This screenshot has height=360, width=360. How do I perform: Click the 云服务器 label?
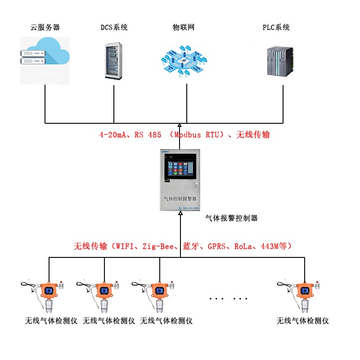[45, 27]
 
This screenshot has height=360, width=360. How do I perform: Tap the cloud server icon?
[45, 60]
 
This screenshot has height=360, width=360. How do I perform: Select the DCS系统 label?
[114, 27]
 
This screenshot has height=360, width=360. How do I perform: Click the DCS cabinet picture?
[113, 60]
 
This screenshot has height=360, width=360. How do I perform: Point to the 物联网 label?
[184, 27]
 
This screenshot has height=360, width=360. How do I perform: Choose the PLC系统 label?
[276, 27]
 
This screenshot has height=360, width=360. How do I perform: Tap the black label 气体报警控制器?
[231, 218]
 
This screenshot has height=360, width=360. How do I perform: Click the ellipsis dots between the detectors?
[229, 298]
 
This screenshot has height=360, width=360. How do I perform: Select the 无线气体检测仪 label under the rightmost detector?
[303, 321]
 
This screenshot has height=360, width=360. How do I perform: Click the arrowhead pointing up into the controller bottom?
[180, 215]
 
